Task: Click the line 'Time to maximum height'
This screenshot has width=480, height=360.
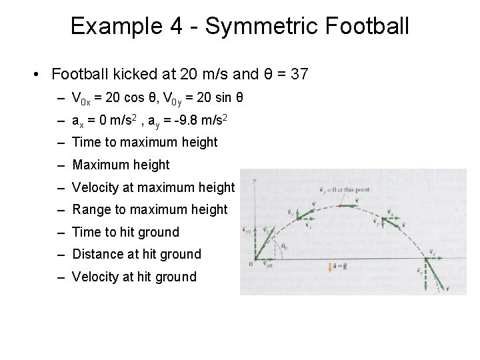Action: pyautogui.click(x=145, y=142)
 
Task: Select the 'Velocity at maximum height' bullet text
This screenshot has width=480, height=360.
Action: pyautogui.click(x=153, y=187)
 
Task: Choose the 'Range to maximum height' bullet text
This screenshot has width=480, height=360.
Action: pyautogui.click(x=149, y=210)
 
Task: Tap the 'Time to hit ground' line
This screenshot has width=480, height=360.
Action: pyautogui.click(x=125, y=232)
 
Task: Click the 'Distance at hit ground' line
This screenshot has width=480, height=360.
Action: pyautogui.click(x=136, y=254)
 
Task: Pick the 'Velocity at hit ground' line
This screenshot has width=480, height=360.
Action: pyautogui.click(x=134, y=277)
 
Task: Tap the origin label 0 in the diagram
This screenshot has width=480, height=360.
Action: pyautogui.click(x=250, y=265)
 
